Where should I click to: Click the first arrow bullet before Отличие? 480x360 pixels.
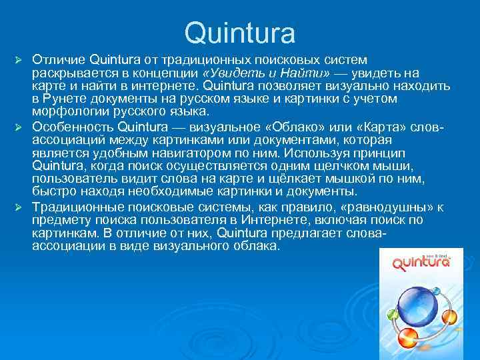19,61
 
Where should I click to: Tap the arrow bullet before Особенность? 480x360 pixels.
19,127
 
